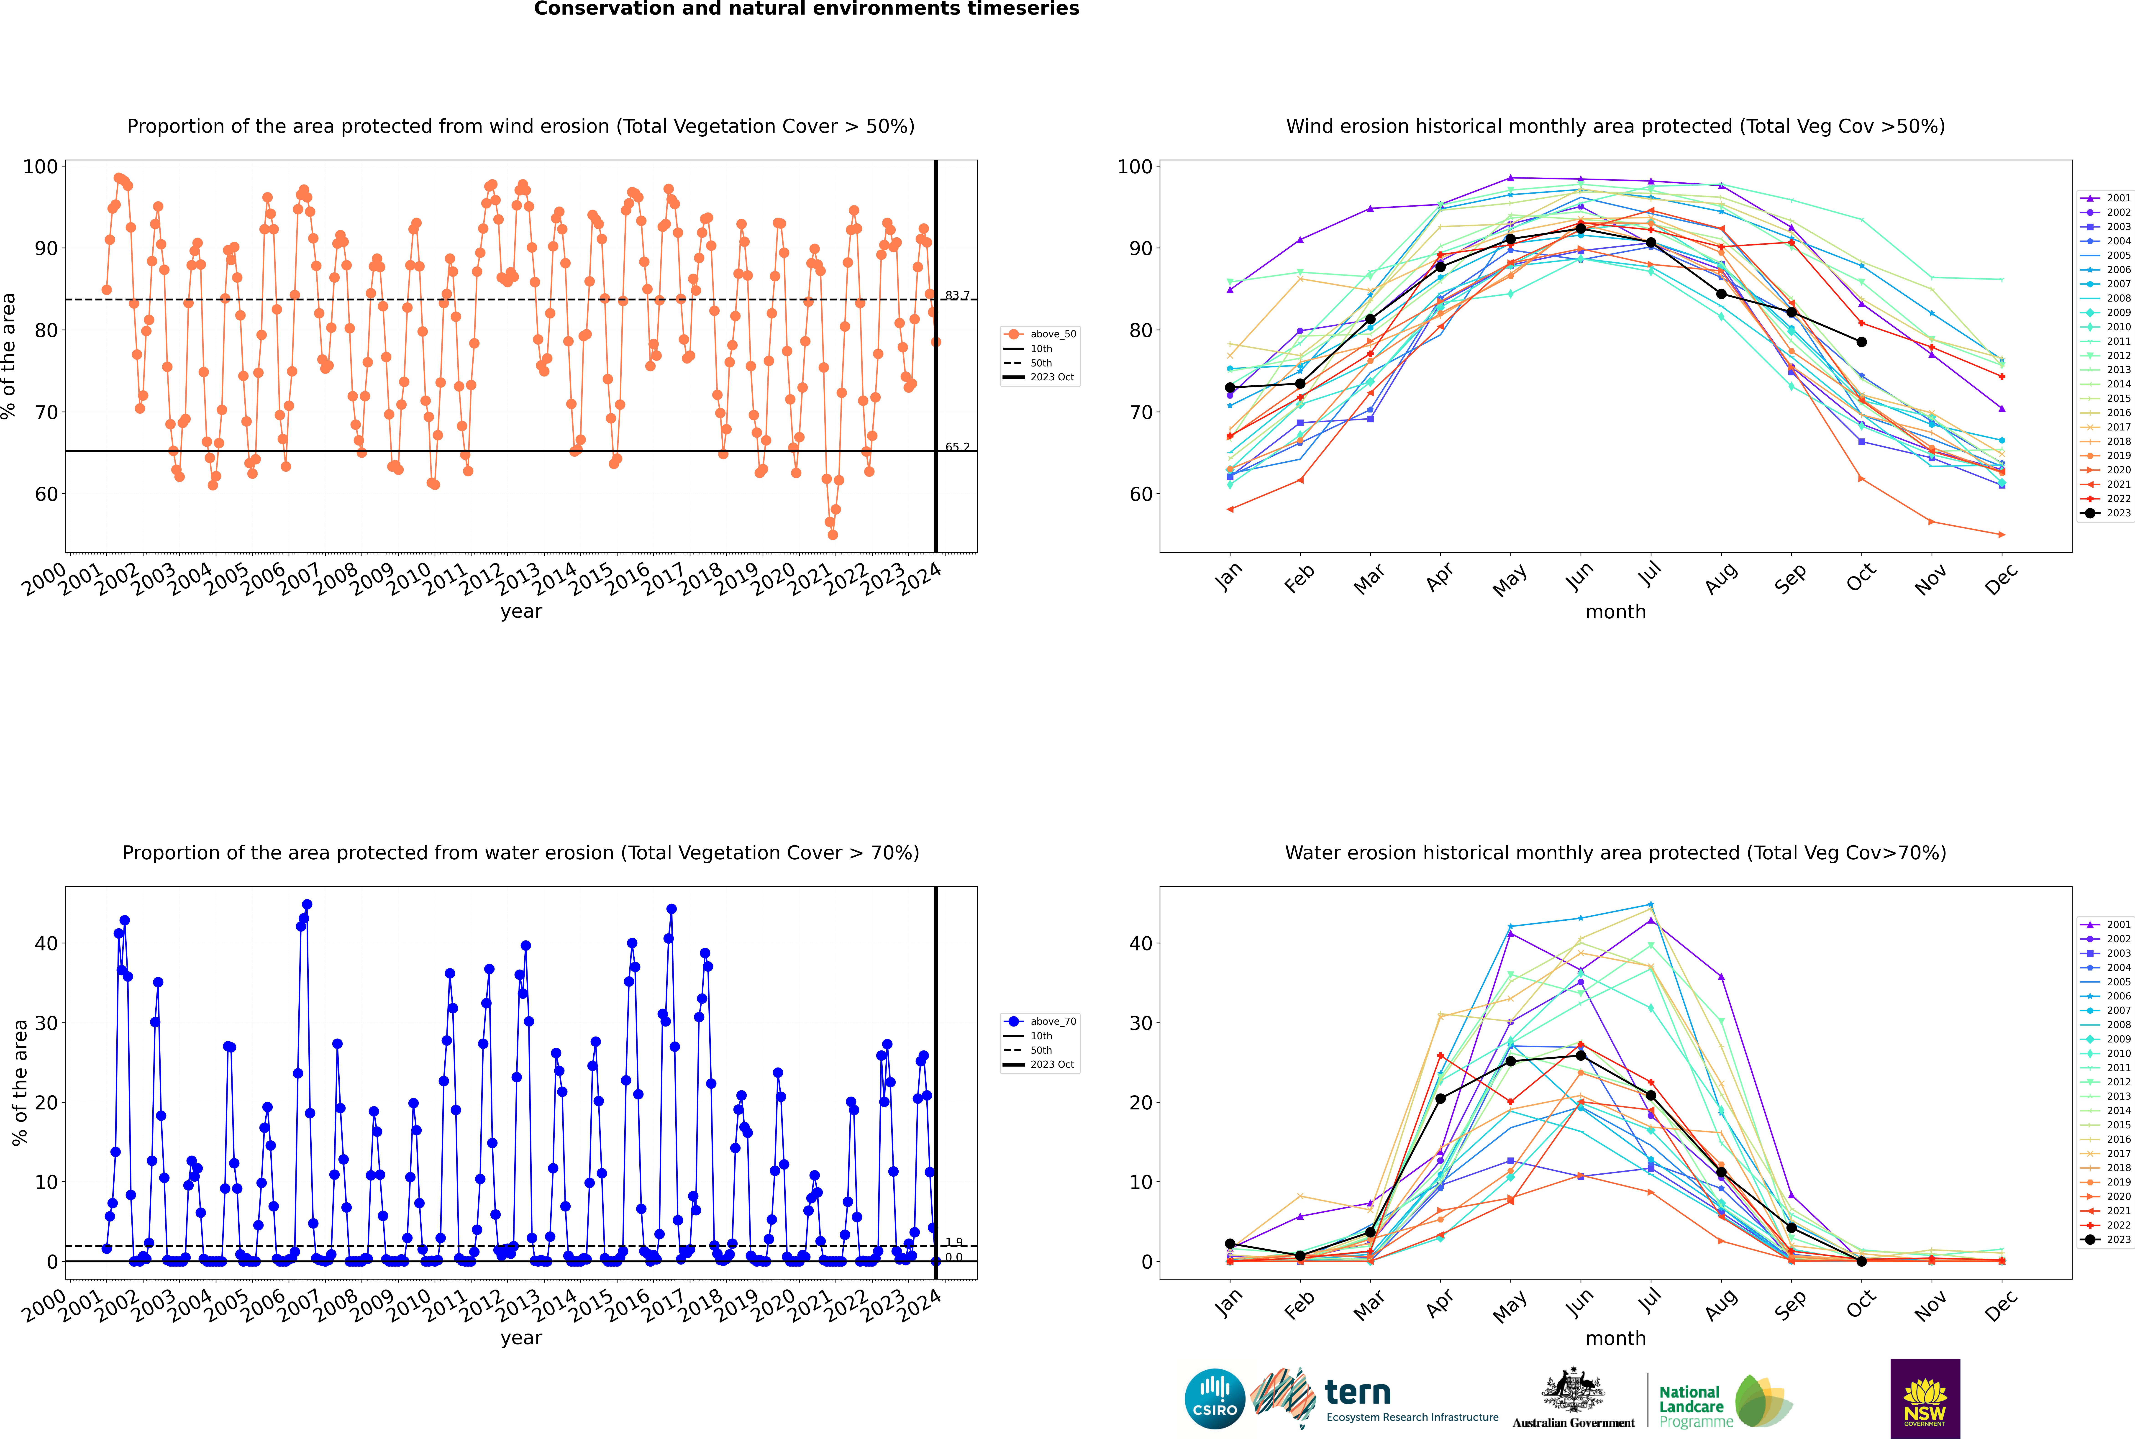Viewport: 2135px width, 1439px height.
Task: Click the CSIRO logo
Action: point(1214,1399)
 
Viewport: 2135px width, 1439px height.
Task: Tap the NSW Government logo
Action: point(1925,1399)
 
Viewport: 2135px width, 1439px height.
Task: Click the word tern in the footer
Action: point(1358,1393)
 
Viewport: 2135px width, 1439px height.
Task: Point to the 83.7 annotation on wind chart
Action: point(957,295)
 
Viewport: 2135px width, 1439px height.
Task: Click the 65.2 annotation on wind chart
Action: point(957,447)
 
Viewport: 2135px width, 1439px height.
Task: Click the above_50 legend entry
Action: point(1040,334)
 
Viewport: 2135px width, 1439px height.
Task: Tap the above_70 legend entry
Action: point(1040,1022)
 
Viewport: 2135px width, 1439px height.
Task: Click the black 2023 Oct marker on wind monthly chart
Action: point(1861,342)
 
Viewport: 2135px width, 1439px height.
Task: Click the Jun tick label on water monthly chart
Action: point(1580,1304)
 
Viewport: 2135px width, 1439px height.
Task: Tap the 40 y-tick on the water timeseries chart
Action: point(46,943)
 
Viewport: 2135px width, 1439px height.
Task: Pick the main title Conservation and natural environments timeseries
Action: point(807,9)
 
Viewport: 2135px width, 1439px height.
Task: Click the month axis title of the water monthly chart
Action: point(1615,1338)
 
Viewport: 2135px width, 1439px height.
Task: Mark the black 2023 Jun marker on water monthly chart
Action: point(1581,1055)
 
